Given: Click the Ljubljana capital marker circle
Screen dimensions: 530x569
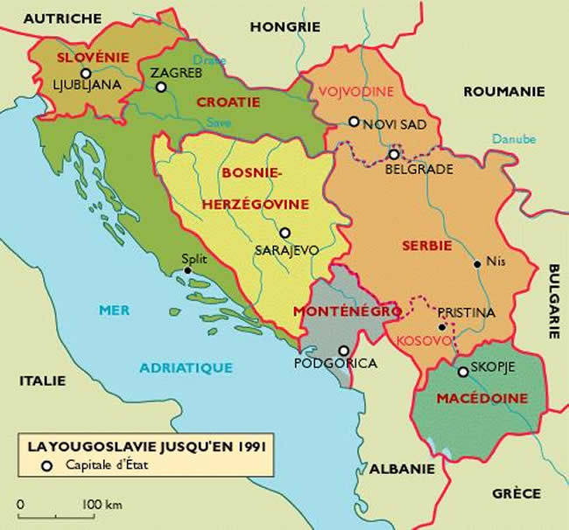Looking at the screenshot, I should pyautogui.click(x=85, y=73).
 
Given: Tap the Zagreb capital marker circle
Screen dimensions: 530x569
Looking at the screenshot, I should pyautogui.click(x=161, y=87).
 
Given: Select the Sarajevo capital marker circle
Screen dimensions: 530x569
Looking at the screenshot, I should pyautogui.click(x=284, y=233).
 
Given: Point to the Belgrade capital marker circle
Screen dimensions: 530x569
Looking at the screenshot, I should pyautogui.click(x=394, y=155).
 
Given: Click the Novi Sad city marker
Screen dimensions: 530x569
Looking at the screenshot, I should pyautogui.click(x=354, y=122).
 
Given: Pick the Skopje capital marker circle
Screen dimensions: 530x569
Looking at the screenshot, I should pyautogui.click(x=463, y=372).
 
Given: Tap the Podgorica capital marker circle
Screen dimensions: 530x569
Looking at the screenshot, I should pyautogui.click(x=341, y=349).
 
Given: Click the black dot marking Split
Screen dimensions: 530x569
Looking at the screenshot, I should pyautogui.click(x=188, y=271).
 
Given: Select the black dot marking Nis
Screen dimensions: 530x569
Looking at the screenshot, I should pyautogui.click(x=476, y=262).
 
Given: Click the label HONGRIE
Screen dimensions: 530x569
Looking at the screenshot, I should pyautogui.click(x=285, y=27).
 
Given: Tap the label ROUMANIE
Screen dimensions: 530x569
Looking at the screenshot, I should pyautogui.click(x=503, y=91).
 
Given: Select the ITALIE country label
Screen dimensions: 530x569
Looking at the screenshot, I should pyautogui.click(x=42, y=380).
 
